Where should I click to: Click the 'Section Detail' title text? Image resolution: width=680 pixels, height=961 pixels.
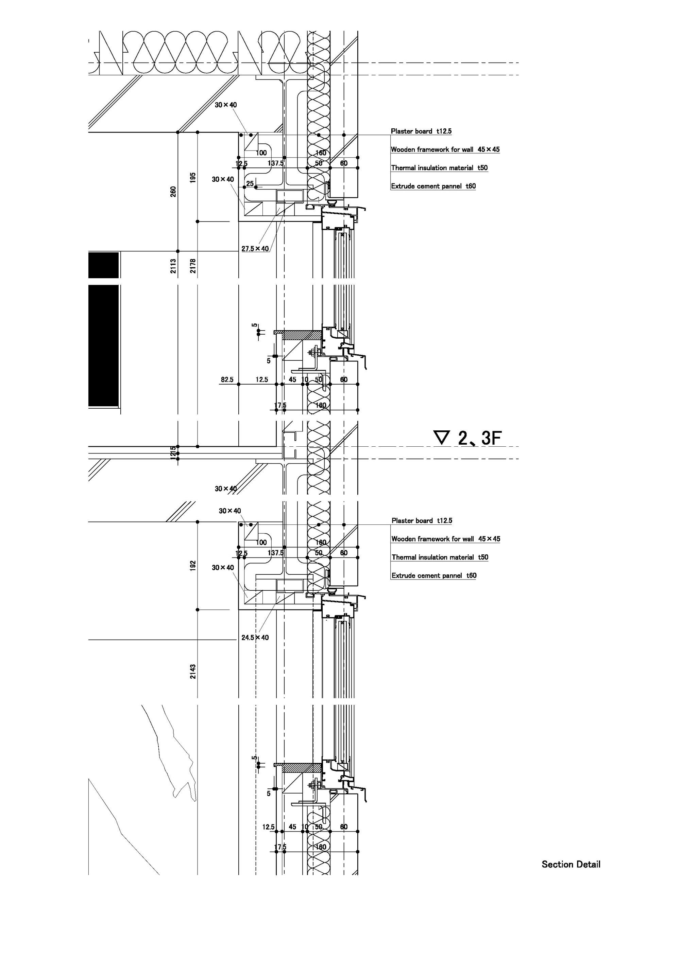pos(571,864)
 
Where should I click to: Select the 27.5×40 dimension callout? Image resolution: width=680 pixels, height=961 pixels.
pos(255,249)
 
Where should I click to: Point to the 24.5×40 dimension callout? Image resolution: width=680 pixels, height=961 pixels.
pos(255,638)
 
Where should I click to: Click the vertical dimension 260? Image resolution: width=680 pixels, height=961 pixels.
pos(173,192)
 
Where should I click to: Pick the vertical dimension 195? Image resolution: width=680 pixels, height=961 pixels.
pos(193,177)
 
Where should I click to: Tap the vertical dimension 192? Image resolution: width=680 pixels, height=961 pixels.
pos(193,566)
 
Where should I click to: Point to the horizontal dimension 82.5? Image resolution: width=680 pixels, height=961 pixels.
pos(227,380)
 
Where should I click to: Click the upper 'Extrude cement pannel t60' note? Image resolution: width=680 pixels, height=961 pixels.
pos(433,186)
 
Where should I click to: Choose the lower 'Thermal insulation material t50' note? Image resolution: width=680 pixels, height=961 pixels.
pos(440,557)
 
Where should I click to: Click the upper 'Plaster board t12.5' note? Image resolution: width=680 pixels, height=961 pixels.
pos(421,131)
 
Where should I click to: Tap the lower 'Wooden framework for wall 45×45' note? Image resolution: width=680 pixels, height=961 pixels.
pos(445,539)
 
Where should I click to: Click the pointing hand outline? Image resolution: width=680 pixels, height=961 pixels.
pos(176,753)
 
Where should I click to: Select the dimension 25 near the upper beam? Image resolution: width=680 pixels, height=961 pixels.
pos(250,183)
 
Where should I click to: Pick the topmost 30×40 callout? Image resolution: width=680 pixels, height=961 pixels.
pos(225,105)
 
